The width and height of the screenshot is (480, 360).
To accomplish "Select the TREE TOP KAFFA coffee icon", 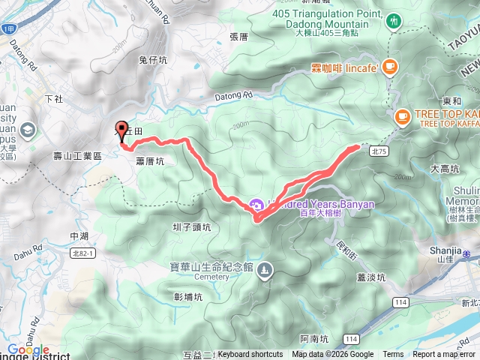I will pos(402,117).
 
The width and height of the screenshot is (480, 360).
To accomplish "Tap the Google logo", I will pos(28,350).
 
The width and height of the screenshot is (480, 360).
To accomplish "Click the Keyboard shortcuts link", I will pos(250,355).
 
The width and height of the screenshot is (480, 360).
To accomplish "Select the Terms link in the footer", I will pos(393,355).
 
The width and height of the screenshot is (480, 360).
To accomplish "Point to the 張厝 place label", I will pos(238,36).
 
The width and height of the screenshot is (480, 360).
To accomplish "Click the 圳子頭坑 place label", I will pos(192,226).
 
